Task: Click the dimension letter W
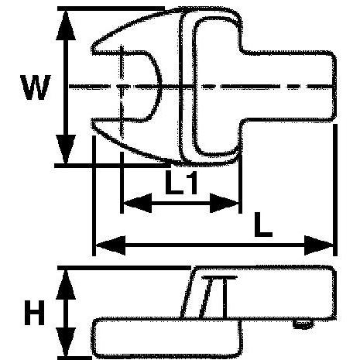pyautogui.click(x=36, y=87)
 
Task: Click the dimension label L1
pyautogui.click(x=181, y=182)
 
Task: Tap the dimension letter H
pyautogui.click(x=35, y=313)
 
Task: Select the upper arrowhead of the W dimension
pyautogui.click(x=66, y=26)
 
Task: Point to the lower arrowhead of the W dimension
pyautogui.click(x=66, y=149)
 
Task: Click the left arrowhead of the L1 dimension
pyautogui.click(x=138, y=203)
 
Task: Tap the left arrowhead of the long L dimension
pyautogui.click(x=111, y=245)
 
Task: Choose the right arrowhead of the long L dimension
pyautogui.click(x=319, y=245)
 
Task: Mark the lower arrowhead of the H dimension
pyautogui.click(x=66, y=342)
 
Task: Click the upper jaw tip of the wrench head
pyautogui.click(x=93, y=50)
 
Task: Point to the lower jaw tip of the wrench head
pyautogui.click(x=93, y=123)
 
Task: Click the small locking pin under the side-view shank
pyautogui.click(x=303, y=324)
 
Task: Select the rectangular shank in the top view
pyautogui.click(x=289, y=86)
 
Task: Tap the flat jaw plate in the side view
pyautogui.click(x=166, y=338)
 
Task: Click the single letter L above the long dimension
pyautogui.click(x=263, y=225)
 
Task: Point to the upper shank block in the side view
pyautogui.click(x=258, y=293)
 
